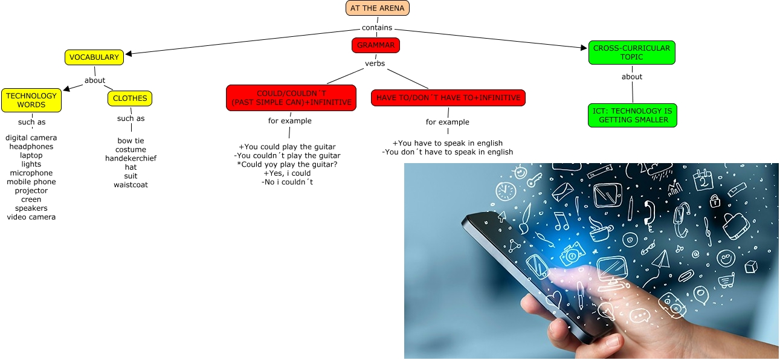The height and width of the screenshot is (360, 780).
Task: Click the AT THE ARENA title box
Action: click(x=378, y=8)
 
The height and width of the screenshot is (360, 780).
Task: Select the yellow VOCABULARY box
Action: click(x=94, y=57)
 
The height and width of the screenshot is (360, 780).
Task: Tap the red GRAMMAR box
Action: click(x=376, y=45)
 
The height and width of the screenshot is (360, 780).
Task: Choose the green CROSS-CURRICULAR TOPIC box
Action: click(x=631, y=53)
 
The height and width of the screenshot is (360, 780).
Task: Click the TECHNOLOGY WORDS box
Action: click(x=31, y=100)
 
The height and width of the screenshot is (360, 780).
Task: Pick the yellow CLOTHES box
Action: click(x=130, y=98)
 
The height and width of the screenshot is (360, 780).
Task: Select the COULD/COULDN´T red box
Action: click(x=291, y=98)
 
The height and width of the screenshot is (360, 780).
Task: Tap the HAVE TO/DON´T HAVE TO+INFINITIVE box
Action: click(x=448, y=98)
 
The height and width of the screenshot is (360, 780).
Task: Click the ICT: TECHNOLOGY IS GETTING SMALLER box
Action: click(x=633, y=115)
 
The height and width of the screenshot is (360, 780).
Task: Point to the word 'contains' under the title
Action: click(x=377, y=28)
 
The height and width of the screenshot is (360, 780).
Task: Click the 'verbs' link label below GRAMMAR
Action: click(x=375, y=63)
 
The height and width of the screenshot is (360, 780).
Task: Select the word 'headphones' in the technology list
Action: click(x=31, y=147)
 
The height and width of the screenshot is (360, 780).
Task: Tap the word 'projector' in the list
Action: click(x=31, y=191)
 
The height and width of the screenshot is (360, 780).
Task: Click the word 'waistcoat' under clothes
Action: click(x=131, y=185)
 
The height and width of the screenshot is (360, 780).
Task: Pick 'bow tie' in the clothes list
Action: click(x=131, y=141)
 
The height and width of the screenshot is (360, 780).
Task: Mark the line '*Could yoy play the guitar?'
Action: click(x=288, y=164)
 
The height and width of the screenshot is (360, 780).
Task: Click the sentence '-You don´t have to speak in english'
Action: click(x=448, y=152)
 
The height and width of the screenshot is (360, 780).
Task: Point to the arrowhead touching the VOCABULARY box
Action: click(x=129, y=53)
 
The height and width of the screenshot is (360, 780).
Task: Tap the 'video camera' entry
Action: click(x=31, y=217)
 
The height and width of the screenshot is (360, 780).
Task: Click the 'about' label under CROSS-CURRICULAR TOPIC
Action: click(x=632, y=77)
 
